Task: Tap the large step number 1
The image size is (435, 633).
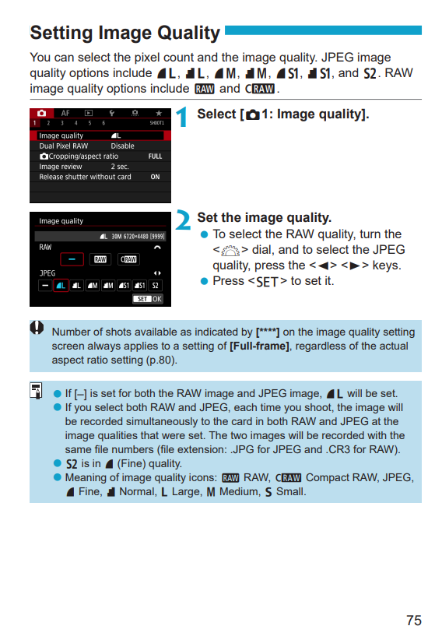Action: [182, 118]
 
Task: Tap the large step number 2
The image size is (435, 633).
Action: [184, 221]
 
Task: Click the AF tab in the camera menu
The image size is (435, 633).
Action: [65, 114]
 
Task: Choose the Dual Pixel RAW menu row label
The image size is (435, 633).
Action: [64, 146]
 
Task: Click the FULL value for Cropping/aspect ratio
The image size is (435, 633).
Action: [155, 156]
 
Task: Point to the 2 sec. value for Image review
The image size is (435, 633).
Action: [120, 167]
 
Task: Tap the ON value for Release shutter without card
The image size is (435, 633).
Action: [156, 177]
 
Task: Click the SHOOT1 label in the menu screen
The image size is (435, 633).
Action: [156, 123]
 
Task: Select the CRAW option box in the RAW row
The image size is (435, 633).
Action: [128, 259]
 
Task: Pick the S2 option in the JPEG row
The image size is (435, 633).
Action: [155, 285]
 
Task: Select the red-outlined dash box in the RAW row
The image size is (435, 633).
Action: [72, 259]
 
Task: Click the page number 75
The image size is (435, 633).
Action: [413, 620]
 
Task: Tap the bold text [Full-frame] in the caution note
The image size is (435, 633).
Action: [259, 346]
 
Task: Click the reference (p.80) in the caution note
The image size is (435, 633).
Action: [161, 360]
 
